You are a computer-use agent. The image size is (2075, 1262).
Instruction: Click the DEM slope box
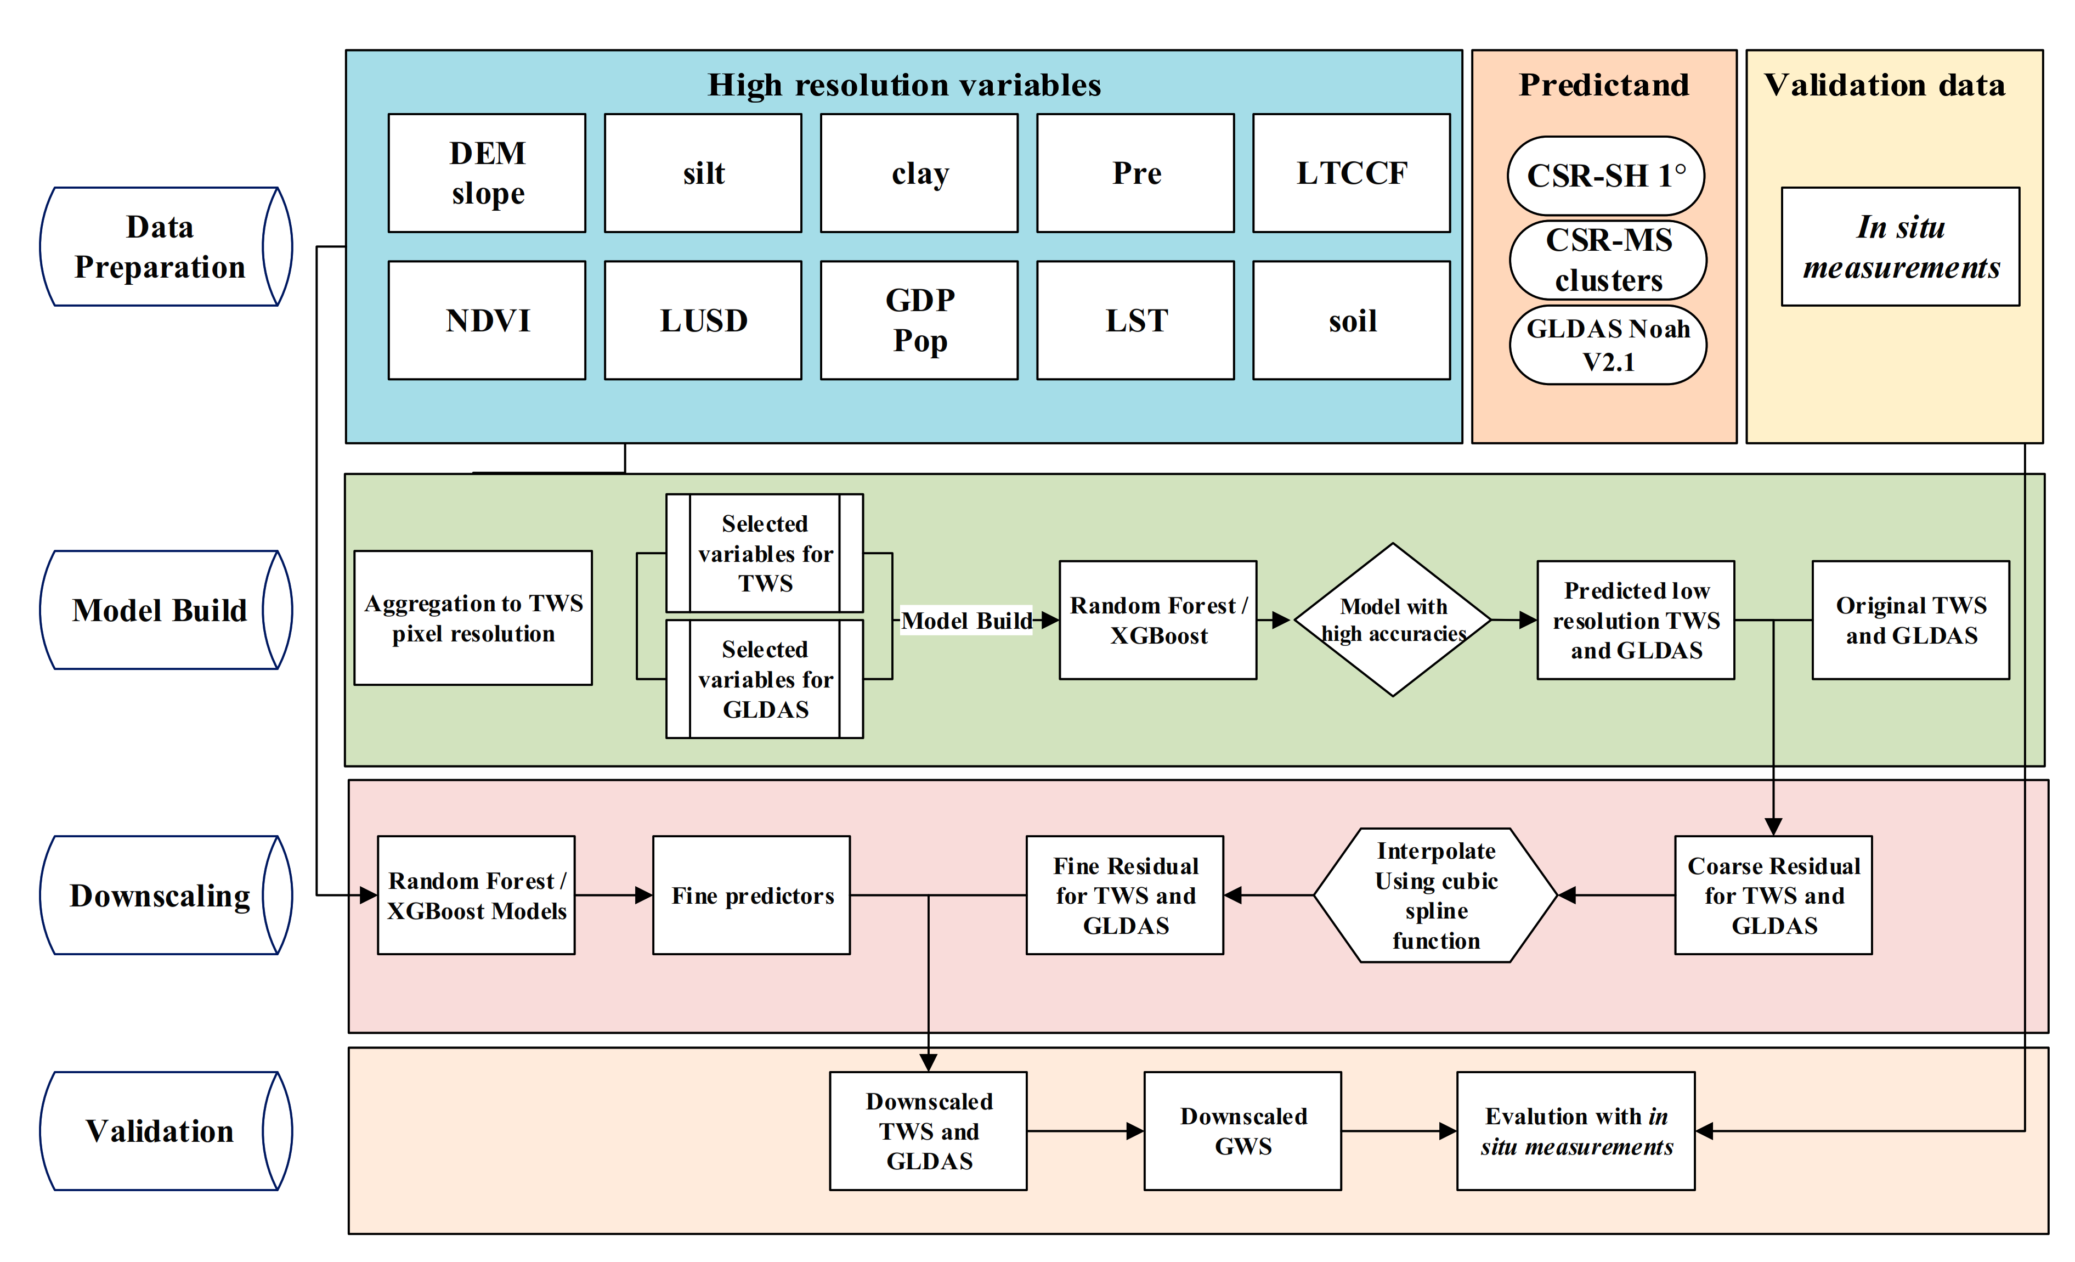(487, 173)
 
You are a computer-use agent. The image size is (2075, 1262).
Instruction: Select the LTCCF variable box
(1351, 173)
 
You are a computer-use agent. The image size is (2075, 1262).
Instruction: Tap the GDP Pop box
(919, 320)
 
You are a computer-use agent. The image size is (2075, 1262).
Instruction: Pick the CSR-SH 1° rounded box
(1605, 175)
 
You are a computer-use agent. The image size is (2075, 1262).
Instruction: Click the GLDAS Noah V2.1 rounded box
(1608, 345)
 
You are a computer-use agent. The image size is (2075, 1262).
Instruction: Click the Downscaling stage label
(160, 895)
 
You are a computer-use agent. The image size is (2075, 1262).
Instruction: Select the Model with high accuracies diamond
(1393, 619)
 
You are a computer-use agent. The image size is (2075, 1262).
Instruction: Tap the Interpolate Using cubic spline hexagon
(1436, 895)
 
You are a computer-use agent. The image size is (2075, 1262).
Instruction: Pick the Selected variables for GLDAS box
(765, 679)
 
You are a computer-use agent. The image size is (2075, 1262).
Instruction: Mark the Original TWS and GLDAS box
(1910, 620)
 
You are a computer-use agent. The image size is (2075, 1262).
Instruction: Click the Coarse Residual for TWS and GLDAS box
(1773, 895)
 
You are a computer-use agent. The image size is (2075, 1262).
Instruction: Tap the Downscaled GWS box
(1242, 1130)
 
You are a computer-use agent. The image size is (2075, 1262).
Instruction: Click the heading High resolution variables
(903, 85)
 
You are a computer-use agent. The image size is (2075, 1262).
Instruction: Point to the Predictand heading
(1603, 85)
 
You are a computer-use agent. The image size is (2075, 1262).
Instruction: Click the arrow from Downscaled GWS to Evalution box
(1398, 1130)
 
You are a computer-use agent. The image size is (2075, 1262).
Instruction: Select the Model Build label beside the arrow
(966, 621)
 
